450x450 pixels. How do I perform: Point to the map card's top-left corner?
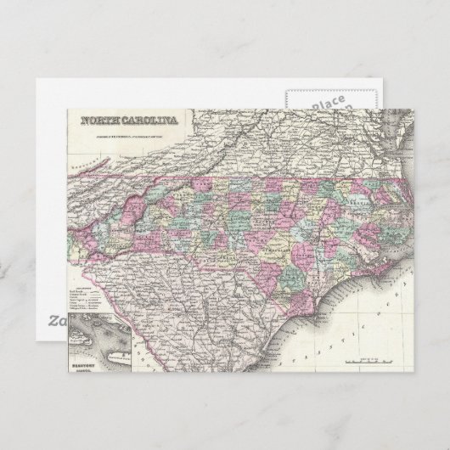click(67, 109)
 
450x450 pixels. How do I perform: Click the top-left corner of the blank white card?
click(35, 78)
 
